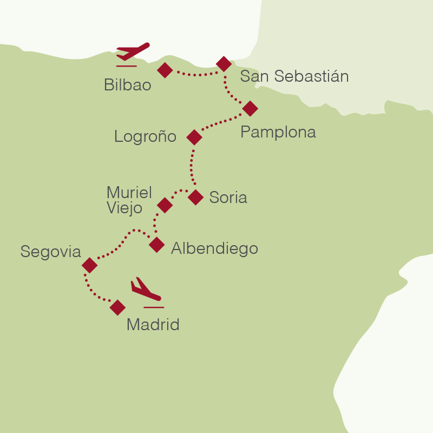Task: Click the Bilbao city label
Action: pyautogui.click(x=127, y=85)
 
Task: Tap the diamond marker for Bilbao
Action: pyautogui.click(x=165, y=70)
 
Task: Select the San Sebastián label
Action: pyautogui.click(x=294, y=76)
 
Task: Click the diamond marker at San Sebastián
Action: pyautogui.click(x=224, y=64)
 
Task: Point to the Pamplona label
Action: pyautogui.click(x=278, y=132)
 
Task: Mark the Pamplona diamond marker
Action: pyautogui.click(x=250, y=108)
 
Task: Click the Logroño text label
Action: pyautogui.click(x=145, y=137)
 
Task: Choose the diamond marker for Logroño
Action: pyautogui.click(x=194, y=137)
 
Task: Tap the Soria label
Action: pyautogui.click(x=228, y=198)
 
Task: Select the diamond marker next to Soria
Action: pyautogui.click(x=195, y=197)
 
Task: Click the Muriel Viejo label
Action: pyautogui.click(x=129, y=200)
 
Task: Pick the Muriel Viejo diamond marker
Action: pyautogui.click(x=165, y=205)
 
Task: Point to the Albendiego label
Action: pyautogui.click(x=214, y=248)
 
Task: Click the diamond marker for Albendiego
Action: pyautogui.click(x=156, y=245)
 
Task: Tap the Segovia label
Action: pyautogui.click(x=50, y=252)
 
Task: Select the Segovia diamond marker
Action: pyautogui.click(x=89, y=265)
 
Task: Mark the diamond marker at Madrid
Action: pyautogui.click(x=117, y=308)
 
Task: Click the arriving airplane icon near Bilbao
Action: pyautogui.click(x=132, y=53)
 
